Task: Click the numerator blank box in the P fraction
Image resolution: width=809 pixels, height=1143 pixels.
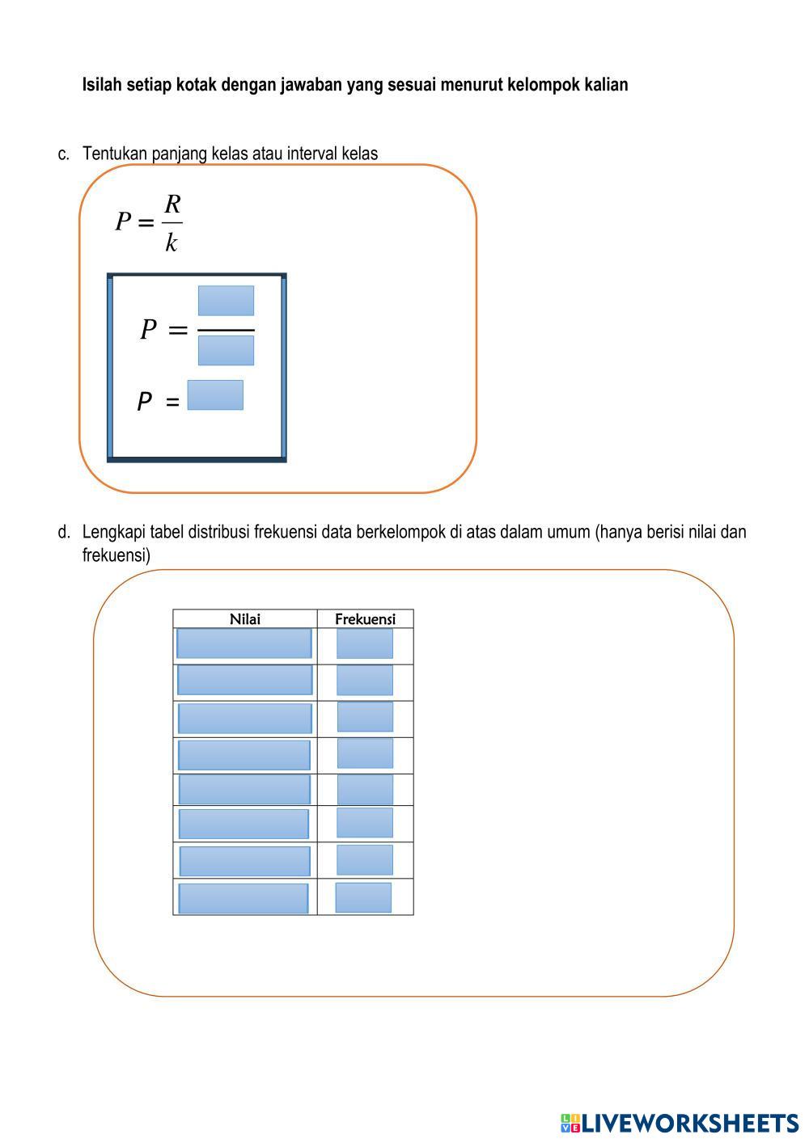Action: click(x=226, y=301)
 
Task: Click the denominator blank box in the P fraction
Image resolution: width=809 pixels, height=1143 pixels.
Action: click(x=226, y=350)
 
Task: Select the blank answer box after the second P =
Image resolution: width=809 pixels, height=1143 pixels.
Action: click(x=215, y=395)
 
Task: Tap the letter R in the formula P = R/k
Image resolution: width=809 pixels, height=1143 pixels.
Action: click(x=172, y=204)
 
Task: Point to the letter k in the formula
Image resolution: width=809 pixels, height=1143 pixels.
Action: click(x=172, y=242)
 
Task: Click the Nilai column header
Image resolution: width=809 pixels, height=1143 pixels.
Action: click(x=245, y=619)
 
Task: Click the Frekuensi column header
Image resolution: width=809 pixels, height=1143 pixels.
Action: click(x=365, y=619)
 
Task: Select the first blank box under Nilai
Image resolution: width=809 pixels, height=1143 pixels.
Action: click(x=244, y=643)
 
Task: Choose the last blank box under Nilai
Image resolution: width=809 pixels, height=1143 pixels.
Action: click(x=243, y=899)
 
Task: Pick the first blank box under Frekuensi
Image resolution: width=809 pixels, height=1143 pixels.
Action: click(x=365, y=643)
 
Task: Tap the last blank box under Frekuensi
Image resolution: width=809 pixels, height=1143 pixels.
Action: click(x=363, y=897)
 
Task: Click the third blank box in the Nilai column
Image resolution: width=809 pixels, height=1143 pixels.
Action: click(x=244, y=718)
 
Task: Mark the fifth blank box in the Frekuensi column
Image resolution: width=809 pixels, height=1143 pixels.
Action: click(x=365, y=789)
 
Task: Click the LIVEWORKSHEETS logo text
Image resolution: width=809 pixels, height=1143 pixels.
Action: click(x=690, y=1123)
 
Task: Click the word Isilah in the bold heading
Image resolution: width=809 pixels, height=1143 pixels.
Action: click(x=103, y=85)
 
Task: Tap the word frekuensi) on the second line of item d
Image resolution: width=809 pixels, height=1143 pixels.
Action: click(x=116, y=555)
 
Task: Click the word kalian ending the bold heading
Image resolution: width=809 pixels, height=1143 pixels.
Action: click(x=606, y=85)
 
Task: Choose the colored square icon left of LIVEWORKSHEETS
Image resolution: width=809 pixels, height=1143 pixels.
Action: click(x=570, y=1123)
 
